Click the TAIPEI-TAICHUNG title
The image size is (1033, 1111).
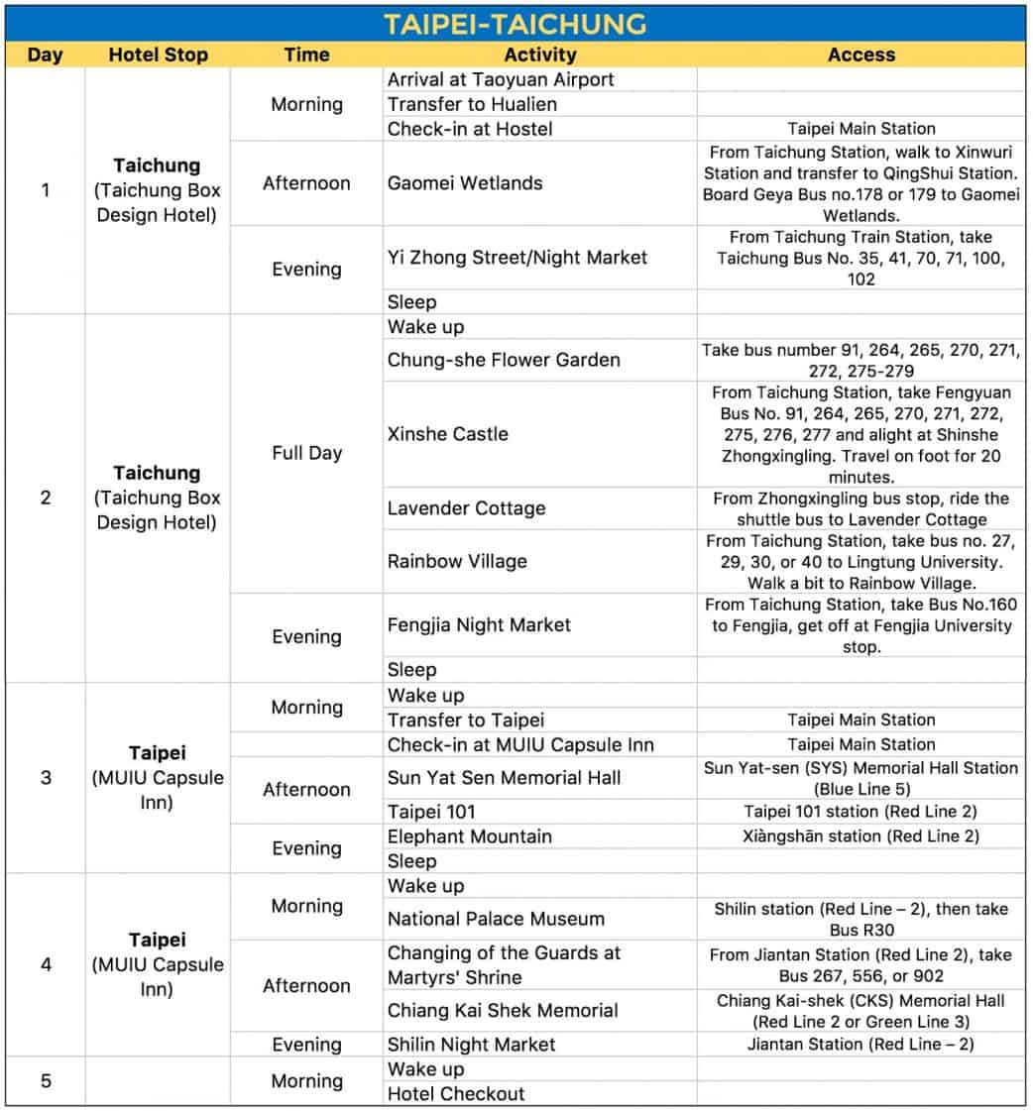(x=516, y=23)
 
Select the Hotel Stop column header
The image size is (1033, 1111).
(x=159, y=56)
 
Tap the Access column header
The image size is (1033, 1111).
(x=861, y=56)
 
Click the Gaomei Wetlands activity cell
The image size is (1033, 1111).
(x=465, y=183)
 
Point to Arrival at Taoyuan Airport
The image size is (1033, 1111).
(x=501, y=80)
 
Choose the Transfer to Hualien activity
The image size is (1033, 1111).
(x=472, y=104)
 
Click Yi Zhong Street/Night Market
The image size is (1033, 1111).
(x=516, y=258)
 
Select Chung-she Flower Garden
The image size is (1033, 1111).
(x=504, y=360)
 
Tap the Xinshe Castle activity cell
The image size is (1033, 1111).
(x=447, y=434)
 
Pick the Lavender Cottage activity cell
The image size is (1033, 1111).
(x=466, y=508)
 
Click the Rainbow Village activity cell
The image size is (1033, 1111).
(x=457, y=561)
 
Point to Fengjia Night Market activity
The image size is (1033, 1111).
(x=479, y=624)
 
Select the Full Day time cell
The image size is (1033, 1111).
(x=306, y=453)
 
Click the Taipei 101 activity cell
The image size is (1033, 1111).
(x=431, y=812)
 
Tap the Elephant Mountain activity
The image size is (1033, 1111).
(x=469, y=836)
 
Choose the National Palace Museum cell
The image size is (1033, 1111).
(x=496, y=919)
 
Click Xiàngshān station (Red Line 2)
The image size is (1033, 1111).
(x=861, y=836)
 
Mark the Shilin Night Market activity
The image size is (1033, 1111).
(x=471, y=1045)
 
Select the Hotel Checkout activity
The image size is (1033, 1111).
(x=456, y=1094)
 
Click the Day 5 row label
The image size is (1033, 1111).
(x=46, y=1081)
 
